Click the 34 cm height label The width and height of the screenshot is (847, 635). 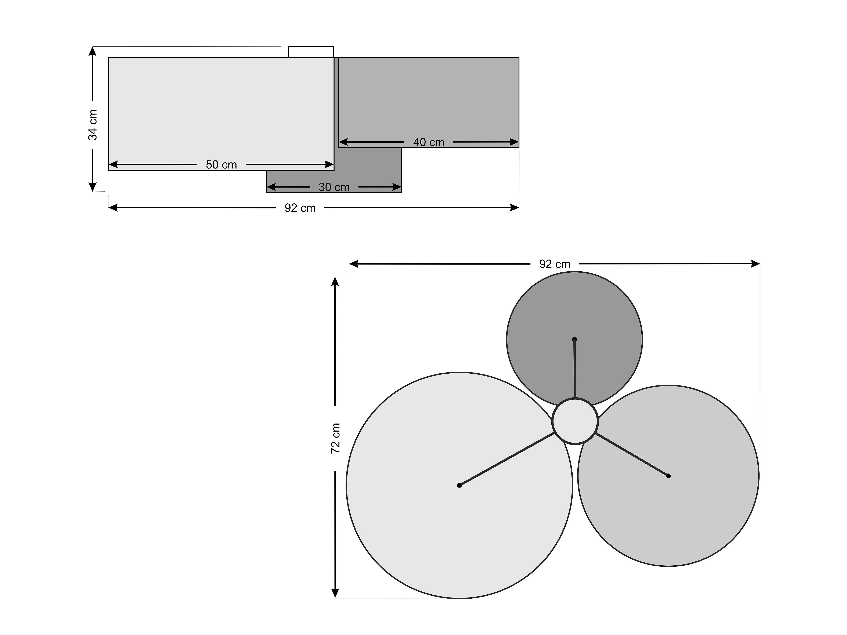[93, 125]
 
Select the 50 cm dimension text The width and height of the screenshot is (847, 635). [221, 165]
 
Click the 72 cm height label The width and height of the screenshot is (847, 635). [335, 438]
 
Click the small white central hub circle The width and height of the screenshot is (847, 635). [575, 421]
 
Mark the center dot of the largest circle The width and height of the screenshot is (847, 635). [459, 485]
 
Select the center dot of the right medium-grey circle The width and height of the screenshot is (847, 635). [668, 476]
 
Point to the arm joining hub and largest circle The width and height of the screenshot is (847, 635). [507, 459]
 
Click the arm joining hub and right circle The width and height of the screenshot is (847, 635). [632, 455]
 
